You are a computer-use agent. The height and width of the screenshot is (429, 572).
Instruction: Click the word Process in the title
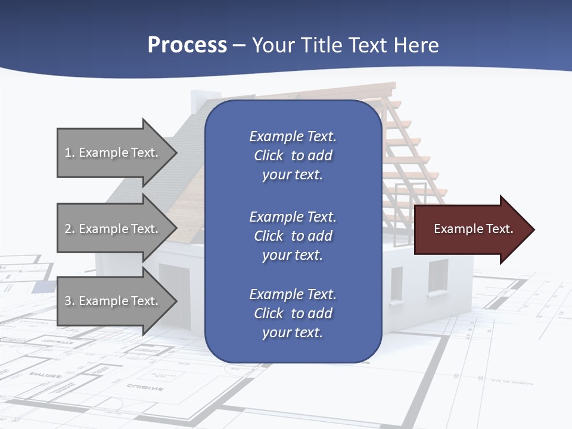click(187, 45)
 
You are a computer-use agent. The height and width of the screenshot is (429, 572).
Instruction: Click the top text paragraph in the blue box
click(293, 156)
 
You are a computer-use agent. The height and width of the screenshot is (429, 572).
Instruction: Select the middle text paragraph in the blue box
click(293, 236)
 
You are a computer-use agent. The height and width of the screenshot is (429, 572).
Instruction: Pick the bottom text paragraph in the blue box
click(293, 313)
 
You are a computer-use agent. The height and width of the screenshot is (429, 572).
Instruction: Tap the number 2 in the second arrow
click(68, 229)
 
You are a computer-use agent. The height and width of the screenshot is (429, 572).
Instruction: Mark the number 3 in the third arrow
click(68, 301)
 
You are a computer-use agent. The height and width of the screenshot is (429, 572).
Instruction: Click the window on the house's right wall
click(438, 276)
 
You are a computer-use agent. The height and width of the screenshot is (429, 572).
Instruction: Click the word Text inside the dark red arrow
click(500, 229)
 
